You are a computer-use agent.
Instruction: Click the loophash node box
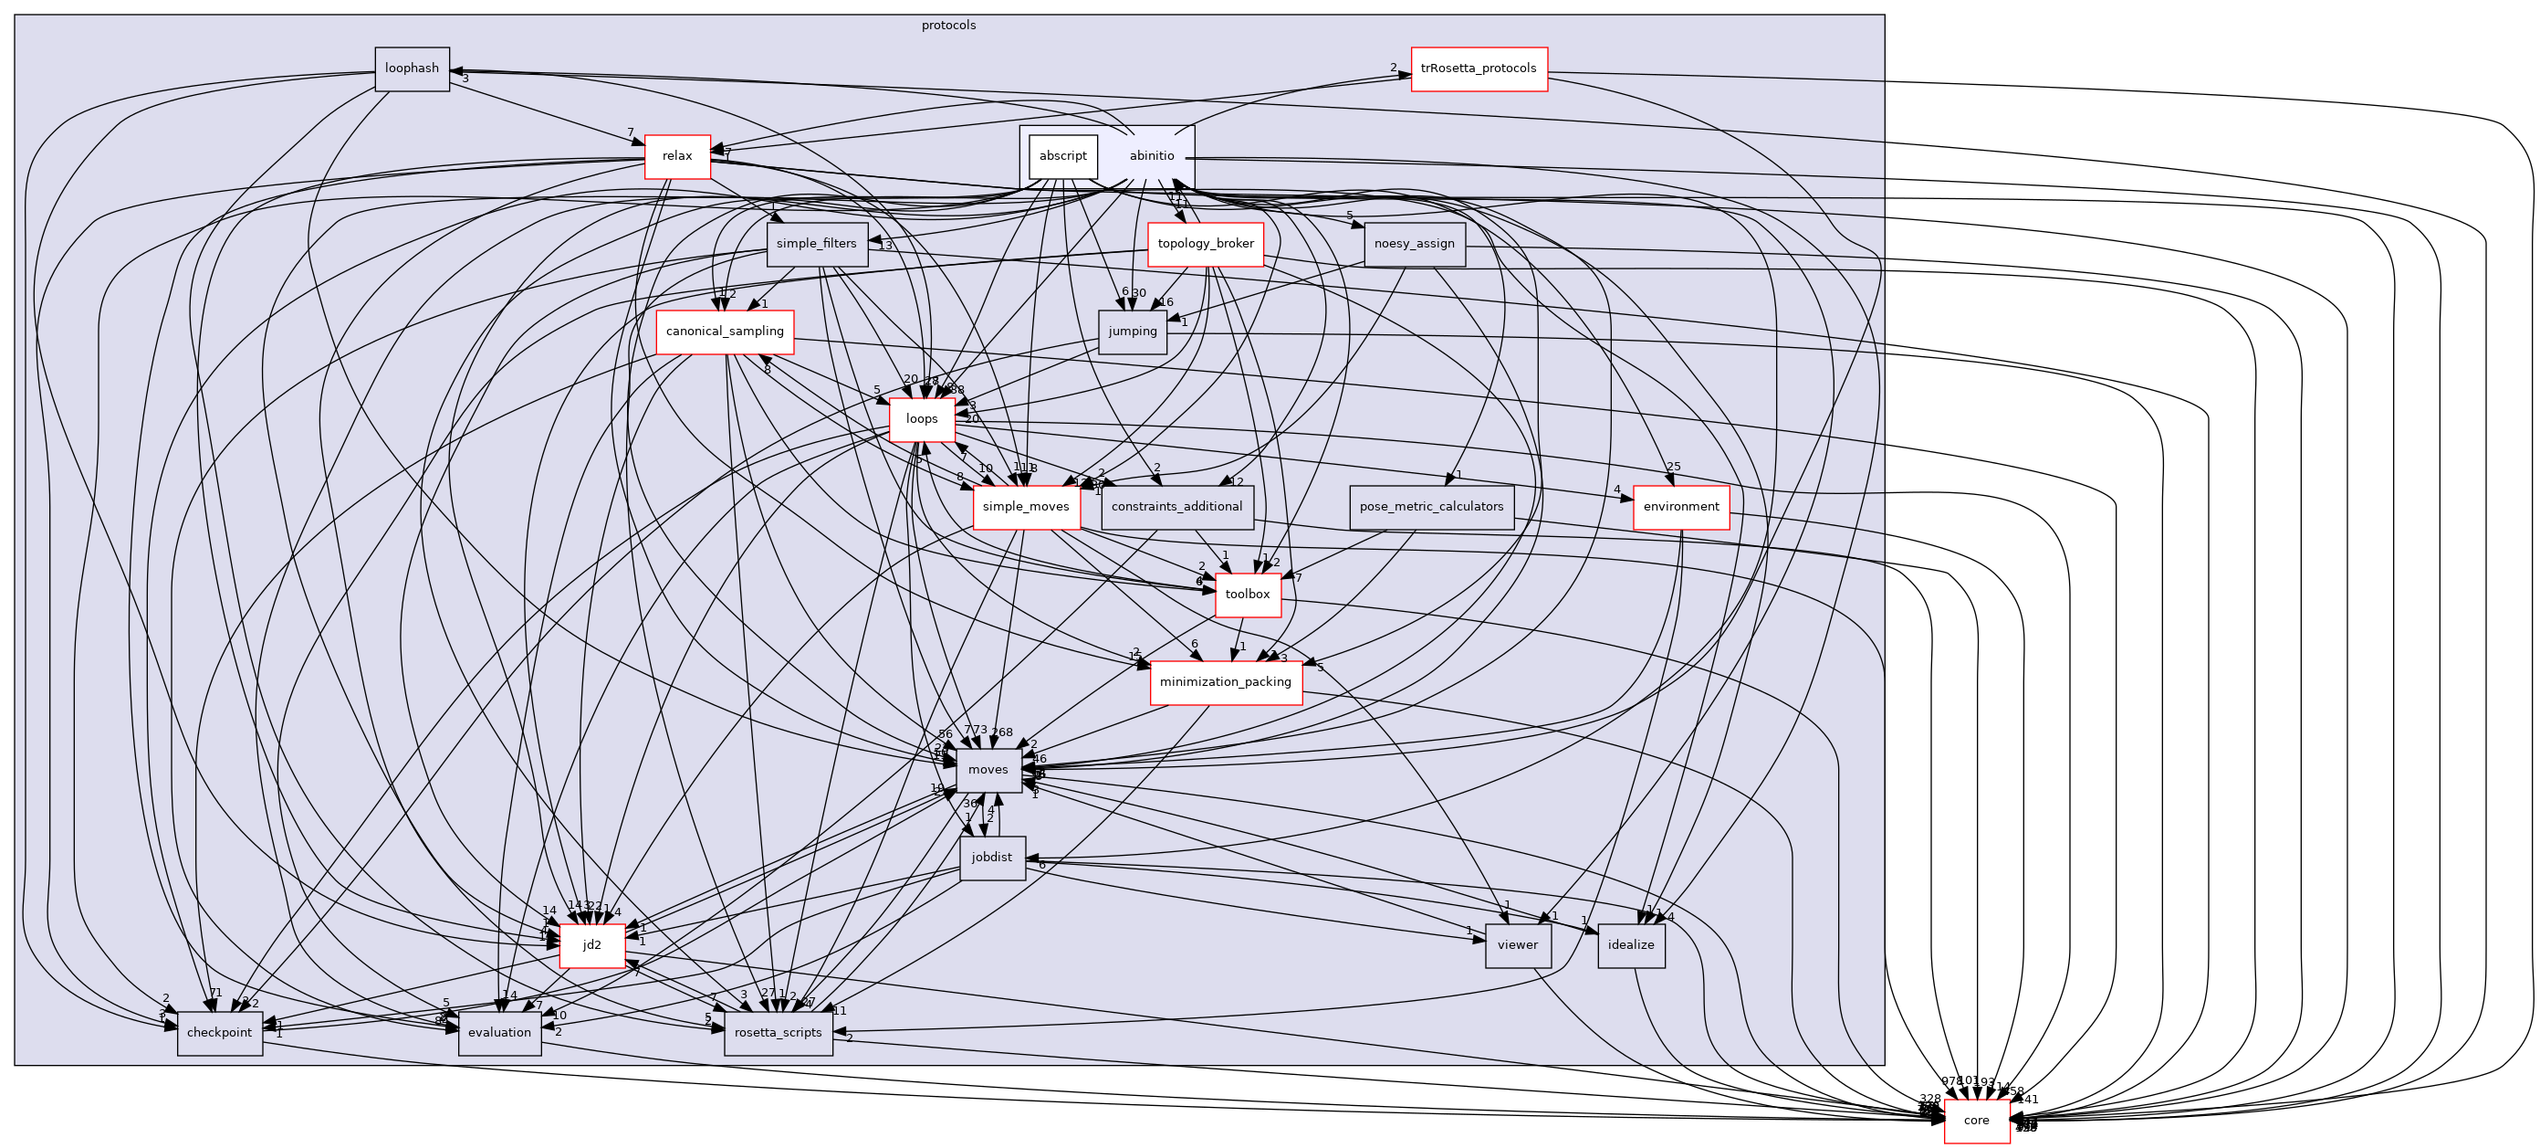(412, 69)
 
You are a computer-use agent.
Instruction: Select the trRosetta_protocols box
(1478, 69)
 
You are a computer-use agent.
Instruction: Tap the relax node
(676, 157)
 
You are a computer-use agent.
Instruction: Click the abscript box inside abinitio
(1062, 157)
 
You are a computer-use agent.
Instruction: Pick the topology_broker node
(1205, 244)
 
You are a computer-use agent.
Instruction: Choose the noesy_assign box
(1414, 244)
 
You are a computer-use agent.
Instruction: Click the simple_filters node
(817, 244)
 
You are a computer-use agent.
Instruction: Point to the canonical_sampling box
(725, 332)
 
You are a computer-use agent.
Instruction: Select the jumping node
(1132, 332)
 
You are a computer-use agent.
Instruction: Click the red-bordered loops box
(921, 419)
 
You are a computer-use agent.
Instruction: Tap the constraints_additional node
(1176, 507)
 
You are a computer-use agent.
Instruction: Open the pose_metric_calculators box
(1431, 507)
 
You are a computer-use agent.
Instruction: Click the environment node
(1680, 507)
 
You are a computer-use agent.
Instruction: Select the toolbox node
(1248, 595)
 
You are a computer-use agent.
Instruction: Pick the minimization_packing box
(1225, 682)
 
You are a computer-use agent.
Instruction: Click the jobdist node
(991, 858)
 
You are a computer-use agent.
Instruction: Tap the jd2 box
(591, 946)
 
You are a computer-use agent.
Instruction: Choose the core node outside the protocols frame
(1976, 1122)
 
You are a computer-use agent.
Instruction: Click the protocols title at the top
(948, 26)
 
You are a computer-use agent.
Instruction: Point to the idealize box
(1630, 946)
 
